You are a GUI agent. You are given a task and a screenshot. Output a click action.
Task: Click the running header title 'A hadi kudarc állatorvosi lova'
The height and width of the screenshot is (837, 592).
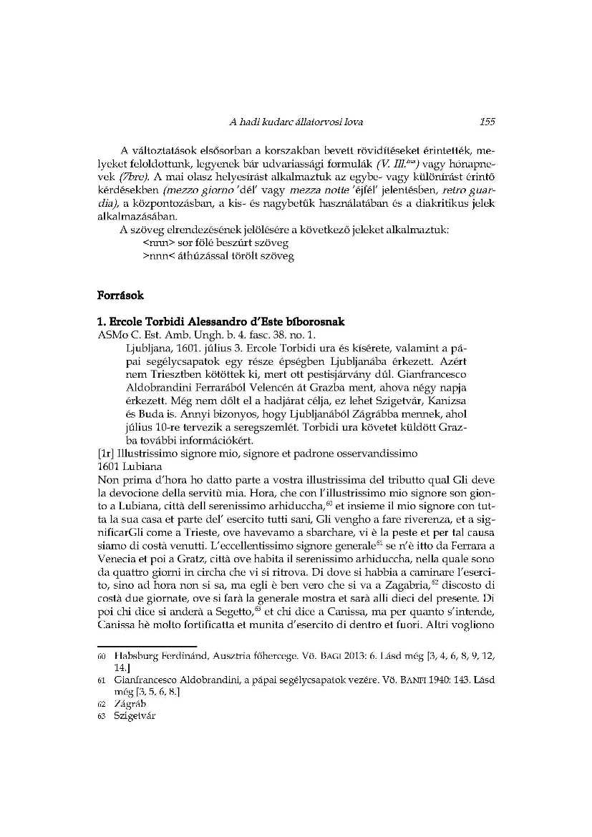296,122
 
